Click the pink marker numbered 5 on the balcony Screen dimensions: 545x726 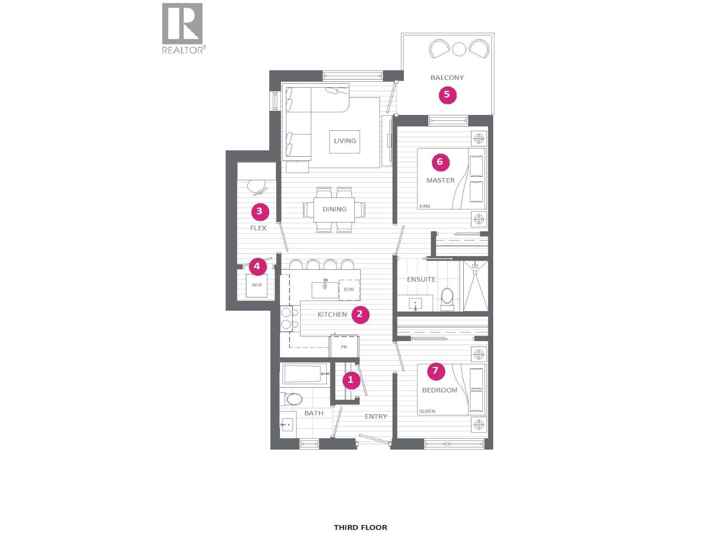[x=447, y=94]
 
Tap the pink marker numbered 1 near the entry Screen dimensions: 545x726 [x=350, y=380]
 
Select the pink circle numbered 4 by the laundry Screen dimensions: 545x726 [x=257, y=266]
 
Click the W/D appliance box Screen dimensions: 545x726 [x=257, y=285]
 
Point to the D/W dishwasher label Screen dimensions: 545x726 [x=349, y=289]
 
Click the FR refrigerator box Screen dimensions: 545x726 [x=344, y=347]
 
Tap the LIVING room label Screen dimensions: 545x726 [x=345, y=141]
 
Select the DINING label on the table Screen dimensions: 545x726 [x=334, y=209]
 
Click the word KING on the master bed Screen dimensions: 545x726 [x=425, y=206]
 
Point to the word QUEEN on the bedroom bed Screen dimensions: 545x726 [x=427, y=411]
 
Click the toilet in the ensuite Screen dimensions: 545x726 [x=447, y=298]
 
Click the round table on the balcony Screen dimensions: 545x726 [x=459, y=49]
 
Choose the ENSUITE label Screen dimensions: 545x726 [x=421, y=279]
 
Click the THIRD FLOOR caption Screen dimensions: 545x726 [x=360, y=527]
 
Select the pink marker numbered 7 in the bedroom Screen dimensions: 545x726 [x=436, y=371]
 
